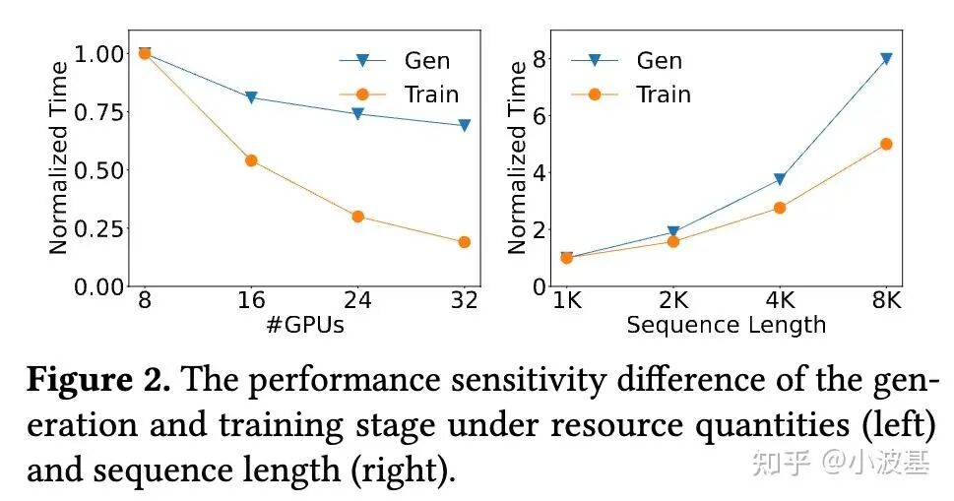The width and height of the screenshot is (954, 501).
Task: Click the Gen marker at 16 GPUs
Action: pyautogui.click(x=251, y=97)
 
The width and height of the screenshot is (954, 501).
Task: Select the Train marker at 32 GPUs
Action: pyautogui.click(x=464, y=242)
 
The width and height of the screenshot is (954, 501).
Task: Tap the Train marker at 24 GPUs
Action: pyautogui.click(x=357, y=217)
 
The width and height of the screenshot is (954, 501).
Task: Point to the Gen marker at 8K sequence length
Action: pyautogui.click(x=886, y=59)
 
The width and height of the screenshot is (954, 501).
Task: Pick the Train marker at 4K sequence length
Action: pyautogui.click(x=780, y=208)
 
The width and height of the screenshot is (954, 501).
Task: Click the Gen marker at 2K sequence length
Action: pyautogui.click(x=673, y=233)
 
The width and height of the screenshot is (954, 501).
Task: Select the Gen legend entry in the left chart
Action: pyautogui.click(x=398, y=60)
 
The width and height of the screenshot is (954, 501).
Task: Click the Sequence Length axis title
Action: pyautogui.click(x=727, y=325)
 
